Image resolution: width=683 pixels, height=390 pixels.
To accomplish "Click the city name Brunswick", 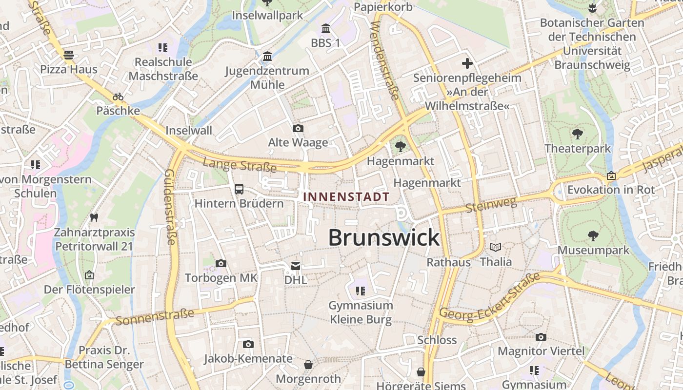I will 384,238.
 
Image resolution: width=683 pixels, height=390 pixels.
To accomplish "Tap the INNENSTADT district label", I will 346,197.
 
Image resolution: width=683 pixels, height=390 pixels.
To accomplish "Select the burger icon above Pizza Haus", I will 69,55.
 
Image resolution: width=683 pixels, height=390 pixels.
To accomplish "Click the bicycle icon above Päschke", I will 118,96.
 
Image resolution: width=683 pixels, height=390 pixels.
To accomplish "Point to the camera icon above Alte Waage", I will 298,128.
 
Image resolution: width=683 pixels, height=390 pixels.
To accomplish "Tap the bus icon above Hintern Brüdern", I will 239,189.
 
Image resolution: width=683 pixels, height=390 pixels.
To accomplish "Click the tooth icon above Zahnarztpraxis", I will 94,217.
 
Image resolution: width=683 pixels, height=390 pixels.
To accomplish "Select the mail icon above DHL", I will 296,266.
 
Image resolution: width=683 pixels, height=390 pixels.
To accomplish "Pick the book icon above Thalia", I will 496,247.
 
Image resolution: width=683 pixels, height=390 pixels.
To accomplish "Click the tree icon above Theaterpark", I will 578,134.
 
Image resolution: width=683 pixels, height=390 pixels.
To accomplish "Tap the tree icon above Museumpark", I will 593,236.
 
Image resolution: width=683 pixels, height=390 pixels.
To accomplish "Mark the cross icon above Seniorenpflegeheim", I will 467,63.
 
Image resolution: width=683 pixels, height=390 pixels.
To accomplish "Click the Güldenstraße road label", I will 170,207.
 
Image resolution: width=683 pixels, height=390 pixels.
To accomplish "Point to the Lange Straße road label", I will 239,165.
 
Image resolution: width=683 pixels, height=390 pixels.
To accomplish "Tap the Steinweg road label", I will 491,205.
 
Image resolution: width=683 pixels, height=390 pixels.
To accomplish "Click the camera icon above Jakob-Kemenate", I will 248,344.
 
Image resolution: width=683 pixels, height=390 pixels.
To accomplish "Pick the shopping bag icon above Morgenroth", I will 308,364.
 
